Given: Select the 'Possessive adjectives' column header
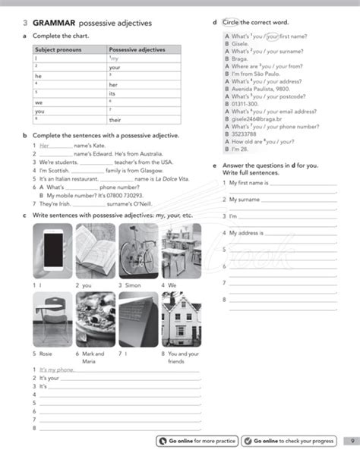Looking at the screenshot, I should [137, 49].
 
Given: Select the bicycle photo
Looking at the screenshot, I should [137, 252].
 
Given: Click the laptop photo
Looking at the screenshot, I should [137, 319].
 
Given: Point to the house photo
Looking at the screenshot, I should [181, 319].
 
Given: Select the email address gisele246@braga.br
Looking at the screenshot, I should [252, 119].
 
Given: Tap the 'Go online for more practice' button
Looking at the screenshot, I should [197, 440].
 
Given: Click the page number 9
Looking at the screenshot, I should [352, 440].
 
